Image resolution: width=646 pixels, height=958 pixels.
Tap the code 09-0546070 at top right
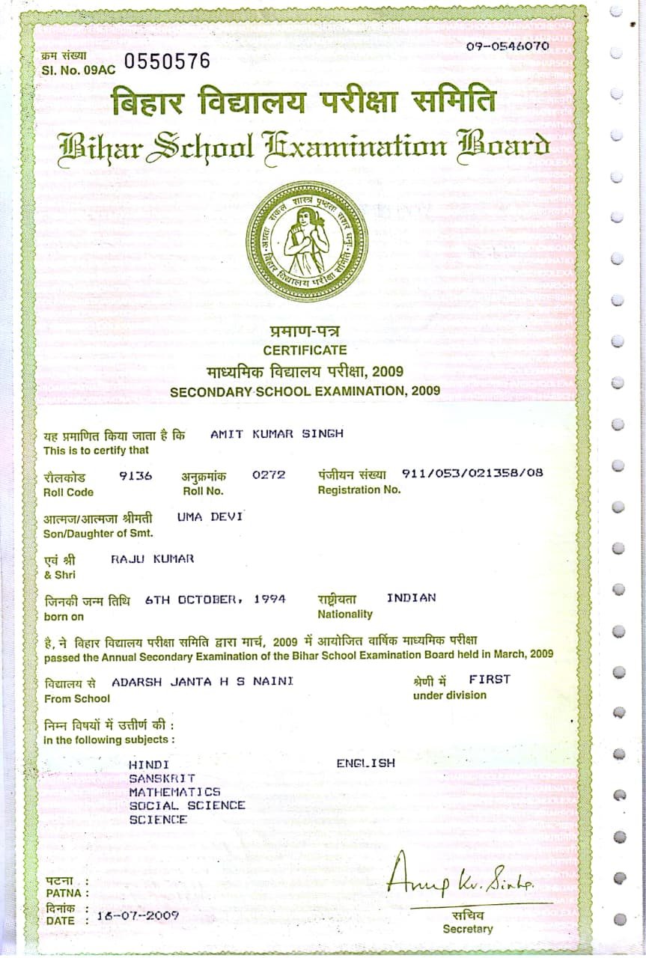(508, 46)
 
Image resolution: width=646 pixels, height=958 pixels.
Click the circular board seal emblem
(306, 242)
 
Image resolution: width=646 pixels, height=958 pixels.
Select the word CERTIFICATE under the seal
(305, 350)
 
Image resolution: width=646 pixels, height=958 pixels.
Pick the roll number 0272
(269, 475)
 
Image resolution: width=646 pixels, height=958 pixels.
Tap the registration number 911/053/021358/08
(472, 473)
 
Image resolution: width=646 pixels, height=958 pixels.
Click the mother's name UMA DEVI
(210, 516)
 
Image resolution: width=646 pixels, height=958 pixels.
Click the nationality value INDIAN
(411, 597)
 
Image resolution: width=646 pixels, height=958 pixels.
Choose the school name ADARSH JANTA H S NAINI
(202, 681)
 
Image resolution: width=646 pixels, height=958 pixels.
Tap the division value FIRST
(490, 679)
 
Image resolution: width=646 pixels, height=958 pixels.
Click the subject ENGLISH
(365, 763)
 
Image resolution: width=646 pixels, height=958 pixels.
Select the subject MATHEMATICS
(174, 791)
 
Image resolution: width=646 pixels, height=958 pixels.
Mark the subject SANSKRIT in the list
(162, 778)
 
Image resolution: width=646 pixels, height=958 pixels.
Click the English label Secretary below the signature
(467, 929)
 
